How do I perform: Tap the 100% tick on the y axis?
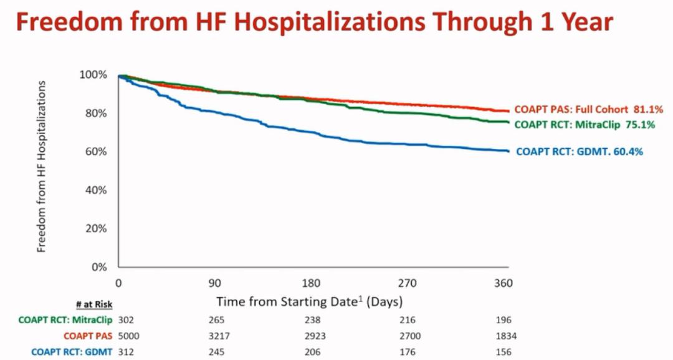[x=94, y=75]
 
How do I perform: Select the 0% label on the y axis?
[x=99, y=267]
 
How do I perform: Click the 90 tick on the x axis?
[x=214, y=283]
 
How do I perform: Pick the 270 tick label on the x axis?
[x=407, y=283]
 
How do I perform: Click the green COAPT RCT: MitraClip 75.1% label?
[x=585, y=125]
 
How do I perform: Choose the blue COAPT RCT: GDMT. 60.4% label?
[x=580, y=151]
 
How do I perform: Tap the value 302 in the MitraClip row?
[x=125, y=320]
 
